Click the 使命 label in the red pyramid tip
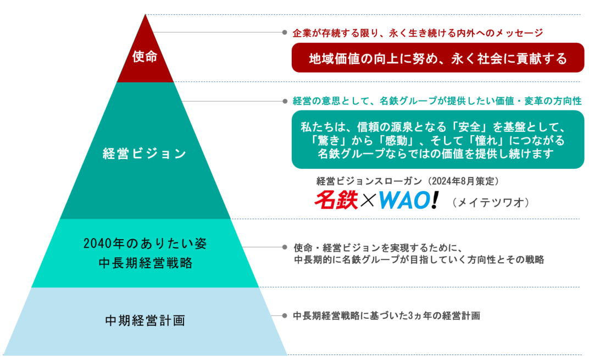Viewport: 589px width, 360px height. click(x=145, y=57)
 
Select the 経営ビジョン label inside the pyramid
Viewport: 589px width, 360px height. click(x=145, y=154)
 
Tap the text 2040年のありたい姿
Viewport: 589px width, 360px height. click(x=145, y=243)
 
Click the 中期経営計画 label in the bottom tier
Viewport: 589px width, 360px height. click(x=145, y=320)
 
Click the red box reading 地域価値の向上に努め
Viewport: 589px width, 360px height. click(x=437, y=58)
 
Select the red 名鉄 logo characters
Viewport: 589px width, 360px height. click(x=336, y=200)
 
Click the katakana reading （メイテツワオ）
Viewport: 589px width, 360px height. click(x=491, y=203)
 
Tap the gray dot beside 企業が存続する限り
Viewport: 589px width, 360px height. click(x=285, y=32)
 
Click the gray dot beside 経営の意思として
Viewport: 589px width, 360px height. click(x=285, y=101)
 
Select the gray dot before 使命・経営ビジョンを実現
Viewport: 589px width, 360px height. click(x=285, y=247)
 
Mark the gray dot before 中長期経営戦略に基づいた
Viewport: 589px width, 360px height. click(x=285, y=315)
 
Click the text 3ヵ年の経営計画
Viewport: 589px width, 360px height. click(x=444, y=315)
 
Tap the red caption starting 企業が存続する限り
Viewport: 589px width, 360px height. click(x=418, y=33)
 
